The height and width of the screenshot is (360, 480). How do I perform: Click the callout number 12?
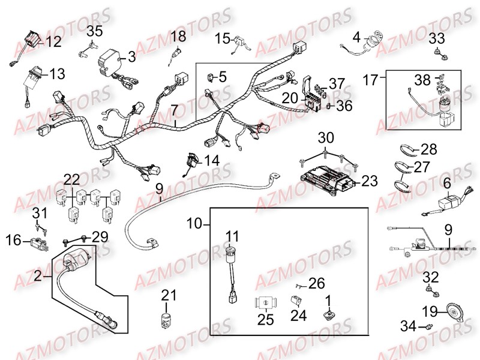coord(54,42)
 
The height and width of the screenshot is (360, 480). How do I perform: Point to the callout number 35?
coord(94,32)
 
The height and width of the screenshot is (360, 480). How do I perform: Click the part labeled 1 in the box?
coord(328,314)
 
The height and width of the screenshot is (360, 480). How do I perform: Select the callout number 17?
coord(371,78)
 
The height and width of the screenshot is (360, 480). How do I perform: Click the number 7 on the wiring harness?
coord(175,110)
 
